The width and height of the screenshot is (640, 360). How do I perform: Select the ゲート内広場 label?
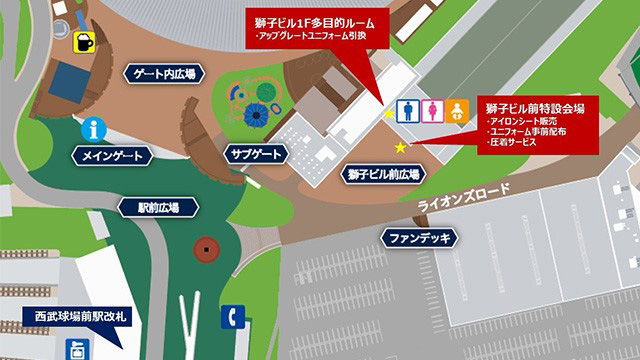click(x=165, y=73)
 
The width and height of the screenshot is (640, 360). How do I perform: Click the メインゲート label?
click(x=113, y=156)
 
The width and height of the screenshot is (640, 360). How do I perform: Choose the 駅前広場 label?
click(x=159, y=208)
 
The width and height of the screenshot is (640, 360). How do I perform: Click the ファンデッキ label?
click(x=418, y=238)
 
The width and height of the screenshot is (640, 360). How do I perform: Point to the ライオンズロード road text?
click(x=471, y=197)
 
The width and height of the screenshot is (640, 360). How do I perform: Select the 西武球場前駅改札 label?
click(x=80, y=321)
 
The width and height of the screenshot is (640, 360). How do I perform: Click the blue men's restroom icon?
click(x=409, y=109)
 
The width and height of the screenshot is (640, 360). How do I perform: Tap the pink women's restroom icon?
click(x=432, y=109)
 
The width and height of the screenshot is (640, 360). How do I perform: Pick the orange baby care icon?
click(x=456, y=109)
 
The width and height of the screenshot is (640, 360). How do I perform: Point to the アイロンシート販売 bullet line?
click(x=521, y=120)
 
